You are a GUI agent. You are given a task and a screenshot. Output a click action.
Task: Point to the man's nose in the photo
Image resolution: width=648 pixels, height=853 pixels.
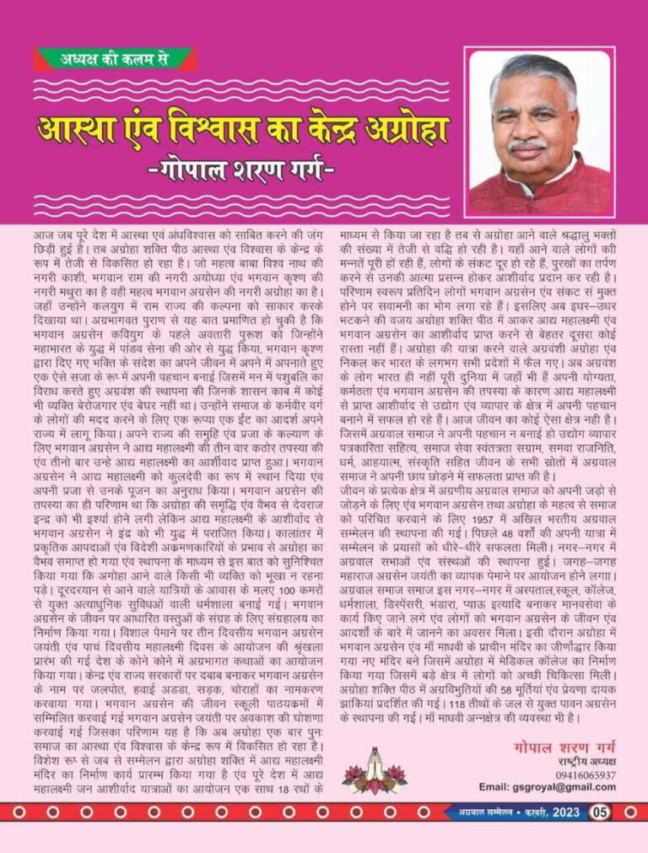coord(529,129)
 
